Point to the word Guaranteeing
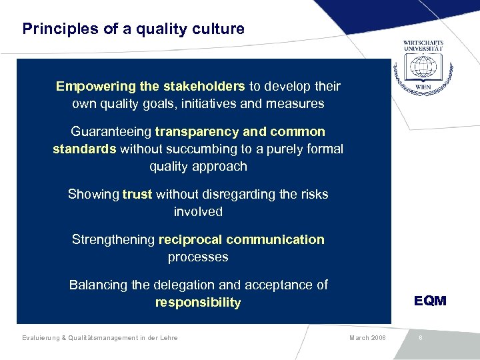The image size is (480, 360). click(x=111, y=132)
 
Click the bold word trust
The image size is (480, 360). click(x=137, y=195)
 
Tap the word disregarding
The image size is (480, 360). click(x=232, y=195)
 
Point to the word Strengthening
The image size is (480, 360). click(x=113, y=240)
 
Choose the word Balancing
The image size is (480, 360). click(x=98, y=285)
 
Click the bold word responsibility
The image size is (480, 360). click(x=198, y=303)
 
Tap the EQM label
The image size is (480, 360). click(x=430, y=301)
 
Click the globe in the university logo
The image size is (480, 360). click(x=423, y=67)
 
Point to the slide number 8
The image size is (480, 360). click(x=421, y=338)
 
